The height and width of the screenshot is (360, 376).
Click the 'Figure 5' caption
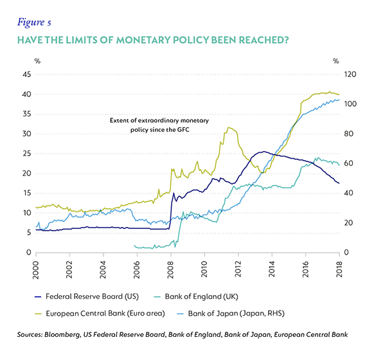pyautogui.click(x=34, y=22)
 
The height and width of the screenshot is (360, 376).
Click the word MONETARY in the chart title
pyautogui.click(x=143, y=40)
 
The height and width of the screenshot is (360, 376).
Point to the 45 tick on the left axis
pyautogui.click(x=27, y=75)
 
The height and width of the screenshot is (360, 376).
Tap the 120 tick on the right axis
pyautogui.click(x=350, y=75)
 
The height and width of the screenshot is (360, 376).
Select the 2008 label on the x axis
pyautogui.click(x=170, y=269)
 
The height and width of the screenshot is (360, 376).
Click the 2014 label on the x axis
pyautogui.click(x=272, y=269)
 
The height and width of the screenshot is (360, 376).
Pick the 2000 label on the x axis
pyautogui.click(x=36, y=269)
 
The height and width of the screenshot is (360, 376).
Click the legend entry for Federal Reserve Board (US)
pyautogui.click(x=87, y=297)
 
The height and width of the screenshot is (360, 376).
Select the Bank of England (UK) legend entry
pyautogui.click(x=196, y=297)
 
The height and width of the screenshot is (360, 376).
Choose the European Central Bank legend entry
pyautogui.click(x=100, y=314)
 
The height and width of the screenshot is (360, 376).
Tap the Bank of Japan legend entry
pyautogui.click(x=231, y=314)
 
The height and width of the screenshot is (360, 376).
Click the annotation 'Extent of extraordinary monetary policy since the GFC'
pyautogui.click(x=159, y=125)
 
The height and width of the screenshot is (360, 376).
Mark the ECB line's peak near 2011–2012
pyautogui.click(x=229, y=127)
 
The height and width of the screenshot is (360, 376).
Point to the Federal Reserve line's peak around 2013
pyautogui.click(x=264, y=152)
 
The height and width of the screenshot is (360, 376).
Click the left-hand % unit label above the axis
pyautogui.click(x=37, y=61)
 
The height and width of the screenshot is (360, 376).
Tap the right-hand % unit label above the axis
pyautogui.click(x=336, y=61)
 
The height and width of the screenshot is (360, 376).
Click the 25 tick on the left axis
pyautogui.click(x=27, y=153)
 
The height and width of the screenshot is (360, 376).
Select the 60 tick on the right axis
pyautogui.click(x=348, y=163)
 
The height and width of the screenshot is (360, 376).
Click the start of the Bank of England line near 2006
pyautogui.click(x=134, y=246)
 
